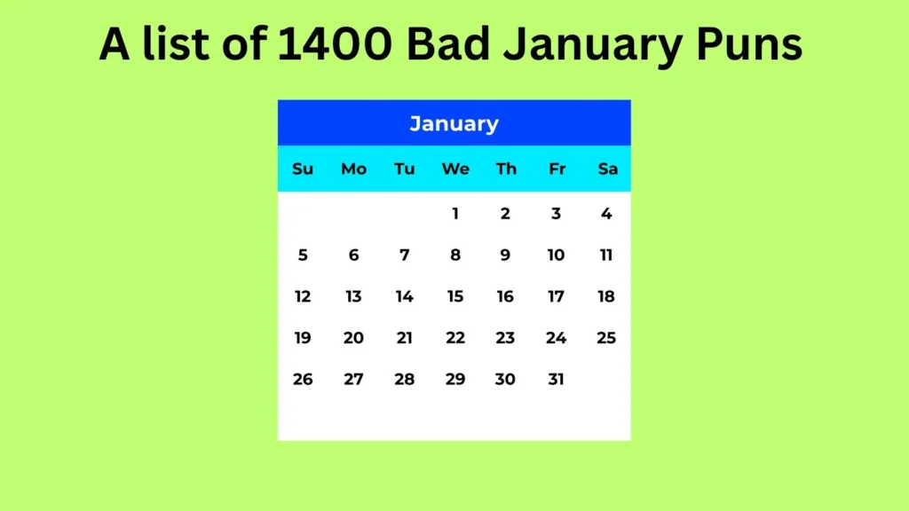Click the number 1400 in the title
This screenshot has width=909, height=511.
pyautogui.click(x=335, y=44)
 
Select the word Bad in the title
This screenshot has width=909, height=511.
pyautogui.click(x=448, y=44)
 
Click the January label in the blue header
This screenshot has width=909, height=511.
pyautogui.click(x=454, y=124)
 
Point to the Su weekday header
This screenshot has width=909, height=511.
pyautogui.click(x=303, y=169)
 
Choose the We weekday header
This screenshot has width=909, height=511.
pyautogui.click(x=455, y=169)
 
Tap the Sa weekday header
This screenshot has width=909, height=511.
pyautogui.click(x=607, y=169)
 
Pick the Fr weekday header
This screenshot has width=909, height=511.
pyautogui.click(x=557, y=169)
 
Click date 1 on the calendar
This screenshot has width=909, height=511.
pyautogui.click(x=455, y=214)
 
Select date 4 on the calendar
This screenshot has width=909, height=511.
pyautogui.click(x=606, y=214)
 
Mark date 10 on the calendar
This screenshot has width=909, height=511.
pyautogui.click(x=556, y=255)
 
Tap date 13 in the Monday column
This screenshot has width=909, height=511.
pyautogui.click(x=353, y=296)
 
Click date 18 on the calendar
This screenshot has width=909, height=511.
pyautogui.click(x=606, y=296)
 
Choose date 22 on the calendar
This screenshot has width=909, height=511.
pyautogui.click(x=455, y=338)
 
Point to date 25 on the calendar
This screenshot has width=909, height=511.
pyautogui.click(x=606, y=338)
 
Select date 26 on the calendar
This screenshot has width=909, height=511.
pyautogui.click(x=303, y=380)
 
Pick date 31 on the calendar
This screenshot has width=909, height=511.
pyautogui.click(x=556, y=380)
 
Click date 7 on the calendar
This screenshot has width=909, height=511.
pyautogui.click(x=405, y=255)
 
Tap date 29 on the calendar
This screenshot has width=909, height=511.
pyautogui.click(x=455, y=380)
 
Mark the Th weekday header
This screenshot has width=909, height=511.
pyautogui.click(x=506, y=169)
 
